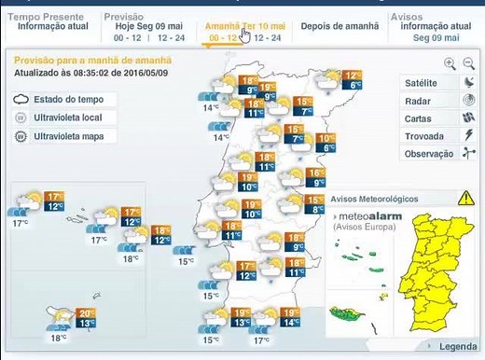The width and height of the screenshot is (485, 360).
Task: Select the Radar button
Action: [418, 101]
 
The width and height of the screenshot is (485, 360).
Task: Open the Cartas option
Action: [418, 118]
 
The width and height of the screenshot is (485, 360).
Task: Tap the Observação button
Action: [428, 153]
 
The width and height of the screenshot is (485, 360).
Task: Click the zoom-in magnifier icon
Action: [450, 63]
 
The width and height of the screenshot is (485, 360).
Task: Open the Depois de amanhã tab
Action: [339, 26]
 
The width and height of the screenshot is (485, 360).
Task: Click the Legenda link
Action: [457, 347]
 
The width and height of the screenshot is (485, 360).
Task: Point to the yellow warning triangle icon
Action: [465, 198]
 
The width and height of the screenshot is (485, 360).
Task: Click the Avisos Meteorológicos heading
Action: [381, 199]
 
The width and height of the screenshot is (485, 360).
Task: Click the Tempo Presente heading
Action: [47, 17]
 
